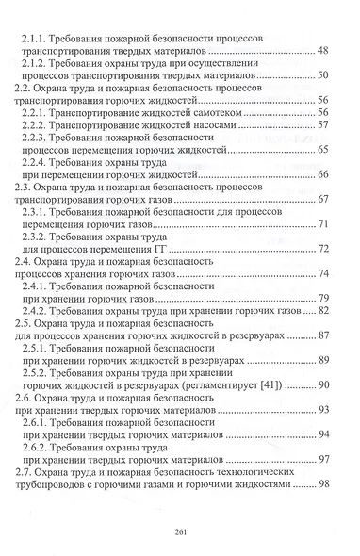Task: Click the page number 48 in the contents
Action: (322, 48)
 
